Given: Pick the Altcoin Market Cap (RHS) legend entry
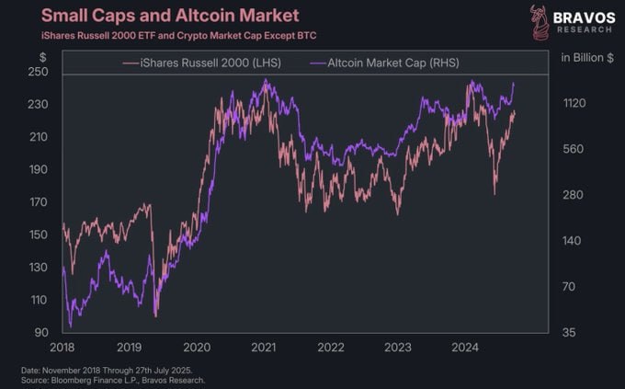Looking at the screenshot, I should (x=390, y=62).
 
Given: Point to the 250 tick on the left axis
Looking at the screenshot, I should (x=39, y=72).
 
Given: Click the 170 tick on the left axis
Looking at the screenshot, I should (x=39, y=202).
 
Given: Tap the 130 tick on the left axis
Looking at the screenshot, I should (x=39, y=268).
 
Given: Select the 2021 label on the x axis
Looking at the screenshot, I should (x=265, y=349).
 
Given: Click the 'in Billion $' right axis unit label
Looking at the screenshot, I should (x=586, y=57).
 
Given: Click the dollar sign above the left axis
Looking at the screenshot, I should (x=41, y=57).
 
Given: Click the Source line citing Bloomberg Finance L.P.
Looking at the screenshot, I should (x=114, y=379).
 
